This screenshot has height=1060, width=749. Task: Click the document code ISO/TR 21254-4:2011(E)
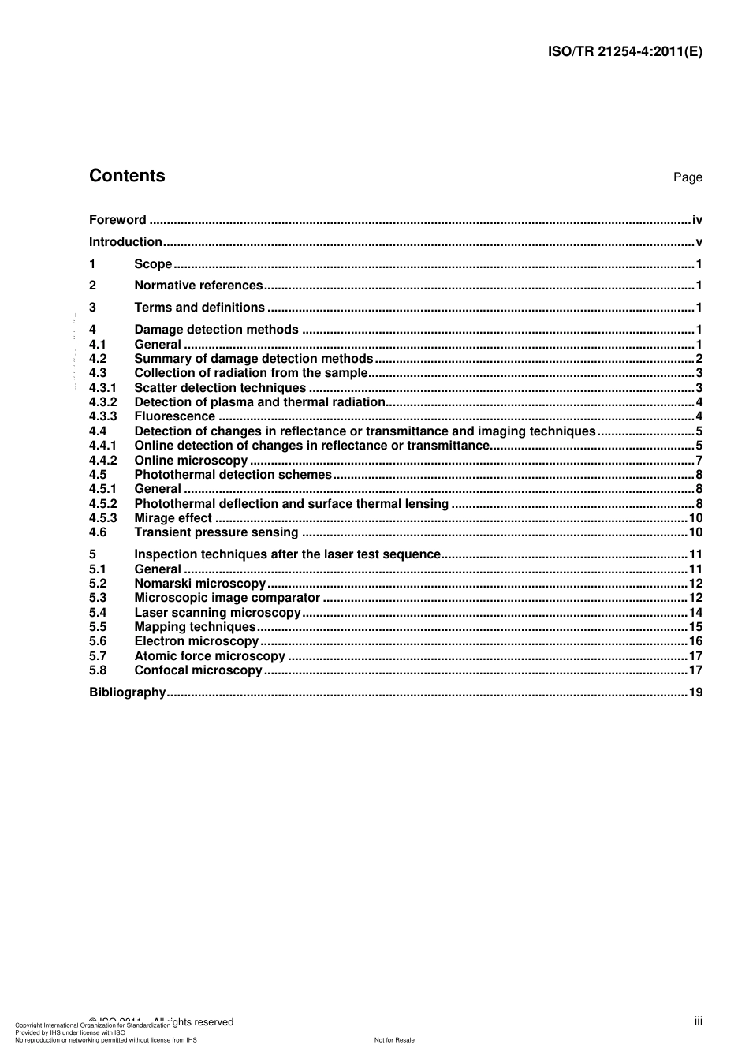(624, 52)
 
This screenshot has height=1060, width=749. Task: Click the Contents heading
(127, 176)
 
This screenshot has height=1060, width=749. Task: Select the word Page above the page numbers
(688, 177)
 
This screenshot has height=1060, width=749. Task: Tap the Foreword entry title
(117, 220)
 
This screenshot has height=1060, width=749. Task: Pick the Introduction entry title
(125, 242)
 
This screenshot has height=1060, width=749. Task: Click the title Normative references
(198, 286)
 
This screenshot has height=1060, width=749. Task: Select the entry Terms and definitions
(199, 308)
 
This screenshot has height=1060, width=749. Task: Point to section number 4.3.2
(102, 402)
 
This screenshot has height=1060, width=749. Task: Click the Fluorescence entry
(174, 416)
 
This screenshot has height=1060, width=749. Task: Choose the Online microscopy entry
(191, 461)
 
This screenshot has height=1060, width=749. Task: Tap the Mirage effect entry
(173, 518)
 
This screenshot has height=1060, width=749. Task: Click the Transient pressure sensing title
(216, 532)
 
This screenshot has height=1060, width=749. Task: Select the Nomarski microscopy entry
(200, 584)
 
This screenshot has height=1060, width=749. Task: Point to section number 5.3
(98, 598)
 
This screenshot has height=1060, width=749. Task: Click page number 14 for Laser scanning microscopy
(695, 613)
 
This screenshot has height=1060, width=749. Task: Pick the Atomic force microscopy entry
(210, 656)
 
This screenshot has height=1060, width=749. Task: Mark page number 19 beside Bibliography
(695, 692)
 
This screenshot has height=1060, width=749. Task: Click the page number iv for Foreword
(697, 220)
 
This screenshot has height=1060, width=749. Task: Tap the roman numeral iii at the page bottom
(699, 1021)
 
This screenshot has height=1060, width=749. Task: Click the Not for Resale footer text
(394, 1040)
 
